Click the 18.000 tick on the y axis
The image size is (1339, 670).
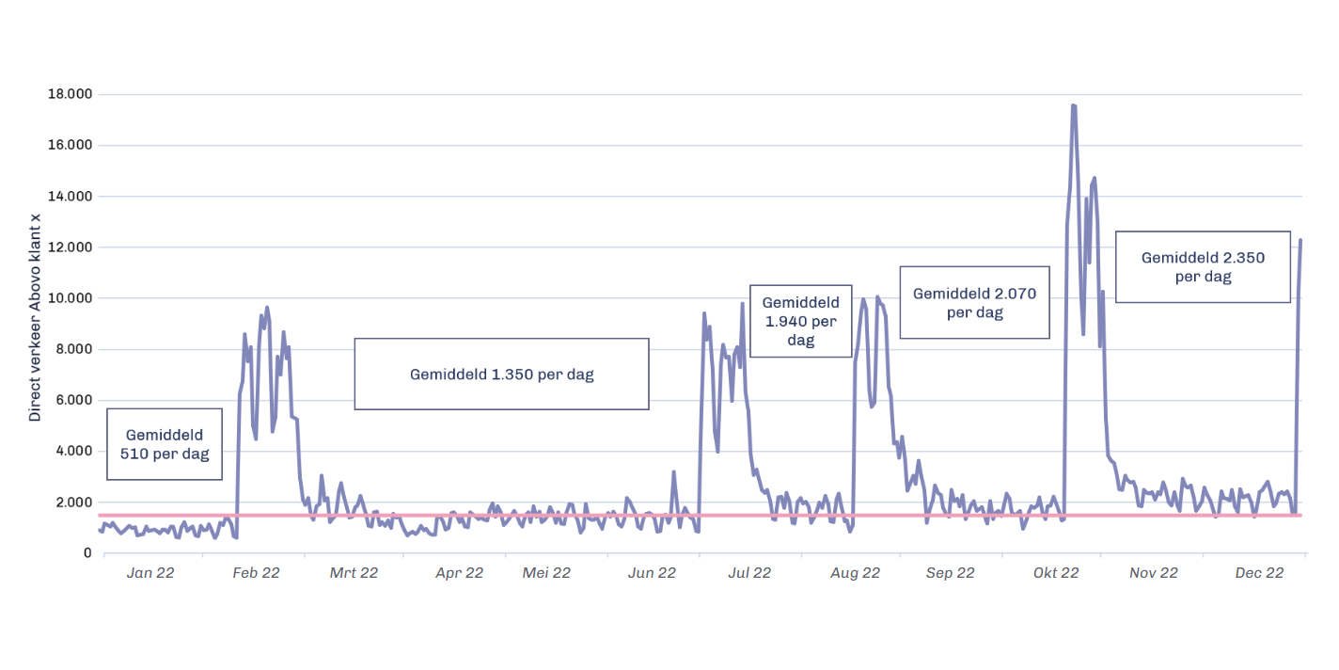(x=71, y=94)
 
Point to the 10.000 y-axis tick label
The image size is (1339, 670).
(x=71, y=298)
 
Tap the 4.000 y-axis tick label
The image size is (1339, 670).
(x=73, y=451)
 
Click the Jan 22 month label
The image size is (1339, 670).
(x=150, y=572)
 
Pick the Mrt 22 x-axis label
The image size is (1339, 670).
(x=354, y=572)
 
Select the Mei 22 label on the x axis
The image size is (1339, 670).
(x=546, y=572)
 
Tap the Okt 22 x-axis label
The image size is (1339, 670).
(x=1055, y=572)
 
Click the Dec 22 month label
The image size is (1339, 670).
(x=1259, y=572)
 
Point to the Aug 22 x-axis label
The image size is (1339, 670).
(x=856, y=572)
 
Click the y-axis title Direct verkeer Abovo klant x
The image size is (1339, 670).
(x=36, y=317)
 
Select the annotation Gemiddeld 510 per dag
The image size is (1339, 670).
(x=165, y=444)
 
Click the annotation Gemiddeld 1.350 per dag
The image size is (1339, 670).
(x=501, y=374)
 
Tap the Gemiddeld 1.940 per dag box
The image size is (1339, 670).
(x=800, y=321)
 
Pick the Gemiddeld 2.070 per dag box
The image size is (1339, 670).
(x=974, y=302)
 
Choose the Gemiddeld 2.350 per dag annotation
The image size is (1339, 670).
(x=1203, y=266)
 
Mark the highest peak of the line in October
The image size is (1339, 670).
(x=1073, y=105)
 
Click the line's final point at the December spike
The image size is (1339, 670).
(x=1300, y=240)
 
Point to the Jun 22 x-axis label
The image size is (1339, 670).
(x=652, y=572)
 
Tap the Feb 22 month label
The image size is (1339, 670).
(x=256, y=572)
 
